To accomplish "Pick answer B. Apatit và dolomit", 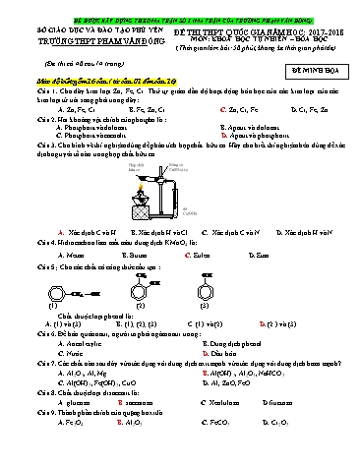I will (x=229, y=128).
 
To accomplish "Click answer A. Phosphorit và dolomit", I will (x=91, y=128).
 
